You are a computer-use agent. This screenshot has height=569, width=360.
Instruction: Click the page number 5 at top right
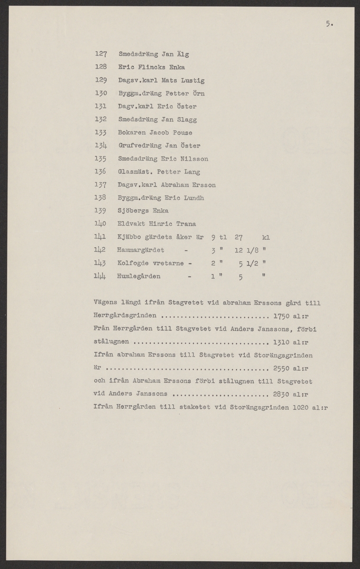click(x=328, y=25)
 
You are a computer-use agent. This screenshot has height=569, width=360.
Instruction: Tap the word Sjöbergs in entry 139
click(x=132, y=211)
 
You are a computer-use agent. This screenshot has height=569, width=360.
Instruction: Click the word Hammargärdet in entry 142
click(x=140, y=250)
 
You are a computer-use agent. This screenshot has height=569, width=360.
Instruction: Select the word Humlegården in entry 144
click(x=138, y=276)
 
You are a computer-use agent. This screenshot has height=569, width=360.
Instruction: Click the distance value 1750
click(x=283, y=315)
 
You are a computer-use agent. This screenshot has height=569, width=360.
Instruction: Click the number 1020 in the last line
click(x=302, y=407)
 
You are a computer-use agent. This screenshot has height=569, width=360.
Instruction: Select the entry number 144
click(x=100, y=276)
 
